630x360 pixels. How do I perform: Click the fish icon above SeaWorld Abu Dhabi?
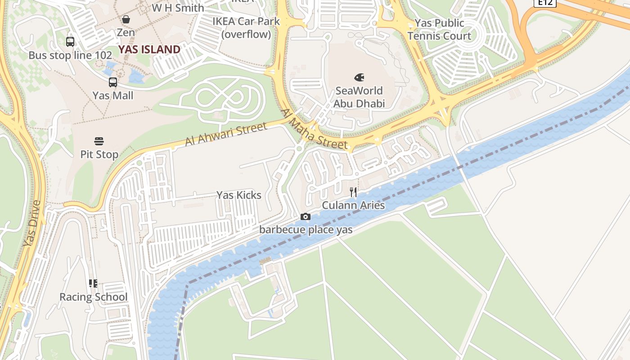pyautogui.click(x=359, y=77)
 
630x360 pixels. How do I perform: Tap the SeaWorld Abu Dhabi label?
pyautogui.click(x=359, y=97)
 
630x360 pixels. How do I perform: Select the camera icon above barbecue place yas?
pyautogui.click(x=306, y=217)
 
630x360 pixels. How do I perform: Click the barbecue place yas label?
pyautogui.click(x=306, y=229)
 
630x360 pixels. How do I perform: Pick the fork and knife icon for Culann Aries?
pyautogui.click(x=353, y=193)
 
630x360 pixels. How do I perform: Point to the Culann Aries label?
pyautogui.click(x=353, y=206)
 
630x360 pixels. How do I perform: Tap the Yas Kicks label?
pyautogui.click(x=238, y=195)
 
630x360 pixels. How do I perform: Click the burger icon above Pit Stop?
pyautogui.click(x=99, y=141)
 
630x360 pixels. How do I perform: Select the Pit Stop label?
pyautogui.click(x=99, y=154)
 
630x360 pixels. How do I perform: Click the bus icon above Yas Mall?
pyautogui.click(x=113, y=82)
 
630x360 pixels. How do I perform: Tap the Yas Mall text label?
pyautogui.click(x=113, y=95)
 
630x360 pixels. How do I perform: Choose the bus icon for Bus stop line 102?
pyautogui.click(x=70, y=42)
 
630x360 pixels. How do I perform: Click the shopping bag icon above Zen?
pyautogui.click(x=126, y=19)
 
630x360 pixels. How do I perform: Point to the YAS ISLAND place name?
pyautogui.click(x=149, y=49)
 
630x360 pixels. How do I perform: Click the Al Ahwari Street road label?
pyautogui.click(x=226, y=135)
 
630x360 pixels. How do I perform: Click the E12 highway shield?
pyautogui.click(x=545, y=3)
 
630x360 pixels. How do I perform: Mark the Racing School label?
pyautogui.click(x=94, y=297)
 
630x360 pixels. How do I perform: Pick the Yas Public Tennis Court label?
pyautogui.click(x=439, y=29)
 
